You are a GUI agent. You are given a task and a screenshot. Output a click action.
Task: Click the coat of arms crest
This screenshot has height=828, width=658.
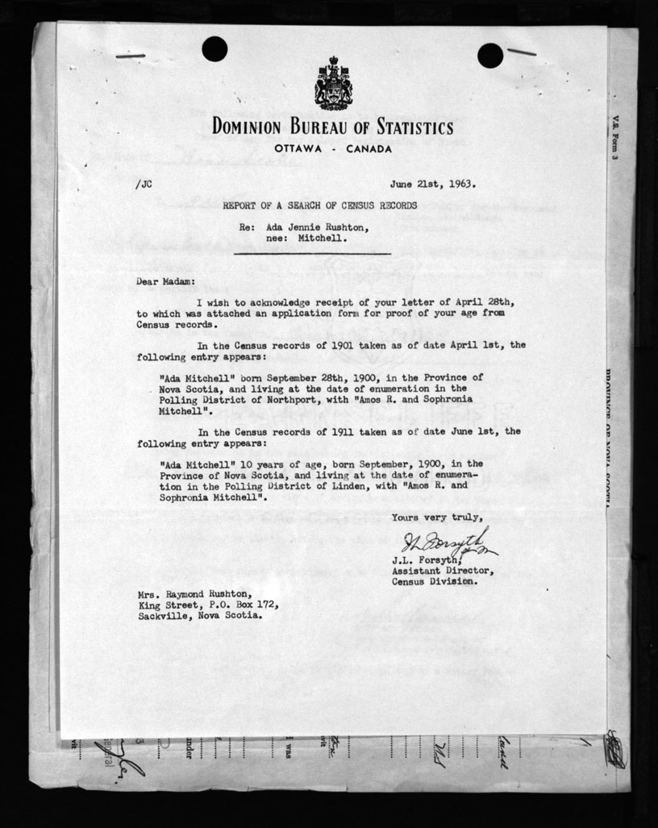333,83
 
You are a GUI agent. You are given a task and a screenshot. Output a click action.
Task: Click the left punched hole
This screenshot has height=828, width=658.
214,49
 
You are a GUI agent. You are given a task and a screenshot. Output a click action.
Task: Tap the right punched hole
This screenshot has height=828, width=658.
489,55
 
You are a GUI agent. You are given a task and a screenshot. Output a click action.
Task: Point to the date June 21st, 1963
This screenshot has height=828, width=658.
433,183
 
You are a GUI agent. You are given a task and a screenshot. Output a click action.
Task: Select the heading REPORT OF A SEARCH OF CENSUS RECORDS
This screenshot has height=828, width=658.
320,206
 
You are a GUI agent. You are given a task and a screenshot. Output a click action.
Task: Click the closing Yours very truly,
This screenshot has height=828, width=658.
438,518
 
